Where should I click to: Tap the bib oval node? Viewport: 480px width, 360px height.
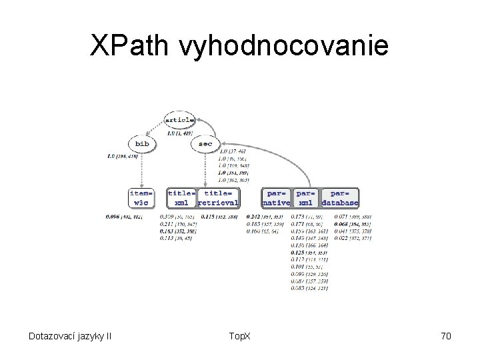(141, 143)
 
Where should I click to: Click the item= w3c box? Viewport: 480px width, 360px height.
(141, 197)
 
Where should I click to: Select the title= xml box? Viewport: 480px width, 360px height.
(181, 197)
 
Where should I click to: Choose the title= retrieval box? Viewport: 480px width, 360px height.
(219, 197)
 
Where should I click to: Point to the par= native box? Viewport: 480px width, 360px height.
(276, 197)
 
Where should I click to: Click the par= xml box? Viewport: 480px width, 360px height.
(305, 197)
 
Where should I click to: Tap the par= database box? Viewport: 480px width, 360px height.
(340, 197)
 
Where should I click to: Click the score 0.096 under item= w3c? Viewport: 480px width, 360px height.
(115, 216)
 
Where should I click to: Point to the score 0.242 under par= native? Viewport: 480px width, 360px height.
(254, 216)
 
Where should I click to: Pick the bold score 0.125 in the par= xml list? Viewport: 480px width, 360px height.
(298, 253)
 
